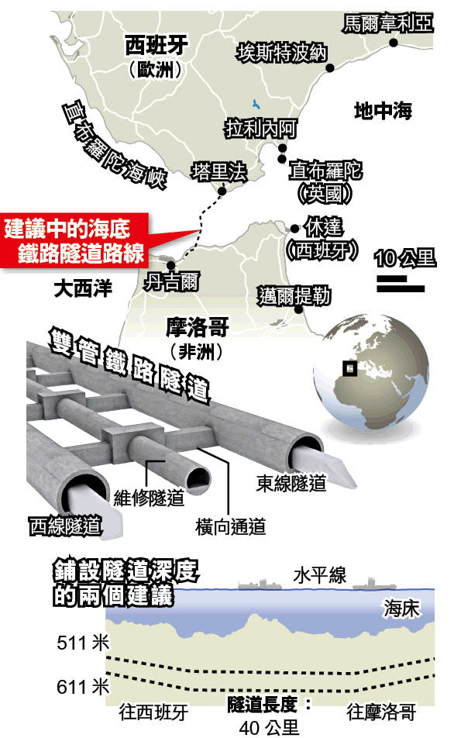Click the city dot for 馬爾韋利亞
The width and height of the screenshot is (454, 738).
pyautogui.click(x=394, y=43)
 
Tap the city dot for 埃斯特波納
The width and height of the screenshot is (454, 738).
pyautogui.click(x=330, y=68)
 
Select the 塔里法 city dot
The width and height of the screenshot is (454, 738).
pyautogui.click(x=222, y=191)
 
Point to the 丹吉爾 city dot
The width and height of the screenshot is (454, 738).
pyautogui.click(x=171, y=266)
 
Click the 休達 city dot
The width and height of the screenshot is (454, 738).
pyautogui.click(x=295, y=229)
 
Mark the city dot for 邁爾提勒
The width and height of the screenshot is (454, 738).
pyautogui.click(x=298, y=310)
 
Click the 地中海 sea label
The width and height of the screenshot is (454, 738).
pyautogui.click(x=383, y=111)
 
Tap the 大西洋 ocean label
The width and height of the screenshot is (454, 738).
pyautogui.click(x=83, y=288)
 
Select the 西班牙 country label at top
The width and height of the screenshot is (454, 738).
pyautogui.click(x=156, y=45)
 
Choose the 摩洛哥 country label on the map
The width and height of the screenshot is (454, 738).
pyautogui.click(x=198, y=327)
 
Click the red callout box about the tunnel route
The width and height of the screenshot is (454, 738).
pyautogui.click(x=75, y=240)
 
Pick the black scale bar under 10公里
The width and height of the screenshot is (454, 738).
pyautogui.click(x=400, y=285)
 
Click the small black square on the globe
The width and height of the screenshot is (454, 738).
pyautogui.click(x=349, y=368)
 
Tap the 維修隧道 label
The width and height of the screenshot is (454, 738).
pyautogui.click(x=149, y=498)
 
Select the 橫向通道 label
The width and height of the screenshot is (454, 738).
pyautogui.click(x=231, y=526)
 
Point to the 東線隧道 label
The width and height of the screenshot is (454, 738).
pyautogui.click(x=291, y=484)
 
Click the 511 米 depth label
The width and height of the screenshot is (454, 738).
pyautogui.click(x=83, y=643)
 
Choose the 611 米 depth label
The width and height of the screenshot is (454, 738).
pyautogui.click(x=83, y=687)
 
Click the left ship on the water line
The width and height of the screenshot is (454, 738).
pyautogui.click(x=260, y=585)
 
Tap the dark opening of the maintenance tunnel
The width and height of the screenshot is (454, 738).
pyautogui.click(x=198, y=478)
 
